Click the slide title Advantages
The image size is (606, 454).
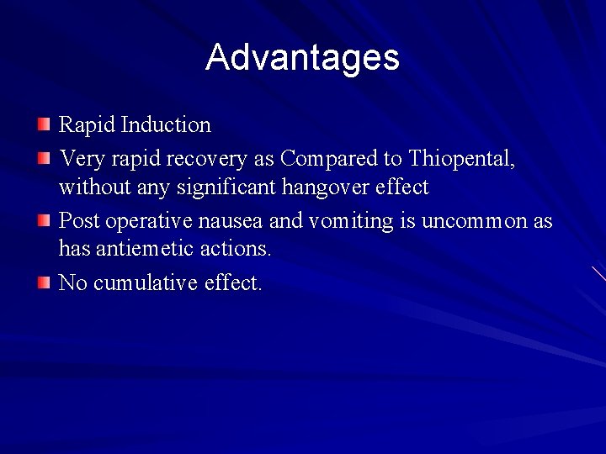click(302, 57)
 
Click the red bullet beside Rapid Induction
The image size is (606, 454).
click(44, 126)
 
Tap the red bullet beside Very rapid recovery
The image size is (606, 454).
click(44, 157)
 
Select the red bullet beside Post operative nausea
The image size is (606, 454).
click(44, 220)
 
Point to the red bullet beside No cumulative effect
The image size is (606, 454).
click(44, 283)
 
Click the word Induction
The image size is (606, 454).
click(166, 125)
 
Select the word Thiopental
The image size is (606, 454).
click(461, 157)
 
